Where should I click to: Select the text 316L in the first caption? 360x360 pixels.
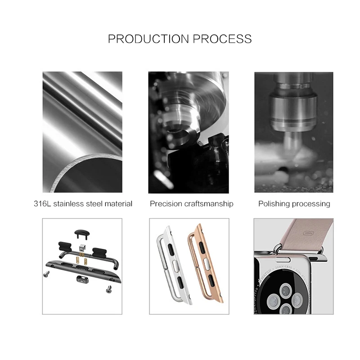click(x=43, y=204)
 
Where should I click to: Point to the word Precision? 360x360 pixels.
click(x=166, y=204)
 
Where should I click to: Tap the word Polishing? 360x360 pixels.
click(x=274, y=204)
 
